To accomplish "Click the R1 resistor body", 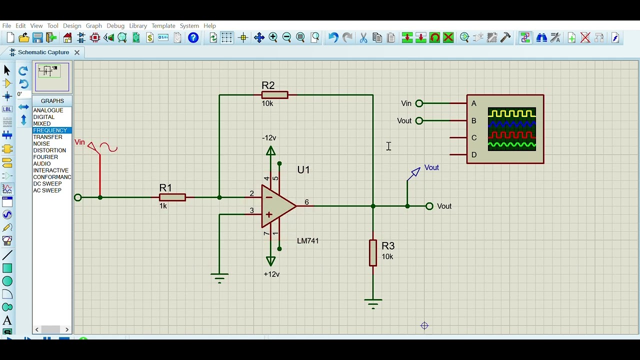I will tap(172, 197).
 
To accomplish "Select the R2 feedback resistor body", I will tap(274, 95).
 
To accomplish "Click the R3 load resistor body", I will tap(373, 252).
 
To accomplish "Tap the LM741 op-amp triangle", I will tap(277, 206).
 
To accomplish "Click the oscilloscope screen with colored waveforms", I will tap(511, 129).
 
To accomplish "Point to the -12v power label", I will tap(269, 138).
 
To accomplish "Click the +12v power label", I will tap(271, 274).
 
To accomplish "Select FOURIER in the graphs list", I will tap(45, 157).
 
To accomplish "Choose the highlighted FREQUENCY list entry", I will tap(50, 130).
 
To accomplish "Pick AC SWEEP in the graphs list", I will tap(47, 190).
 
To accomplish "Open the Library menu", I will tap(138, 26).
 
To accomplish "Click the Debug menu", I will tap(115, 26).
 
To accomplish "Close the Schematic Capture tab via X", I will tap(77, 52).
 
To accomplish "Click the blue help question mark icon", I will tap(193, 38).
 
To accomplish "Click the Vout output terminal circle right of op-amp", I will tap(429, 206).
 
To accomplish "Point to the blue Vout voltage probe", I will tap(415, 173).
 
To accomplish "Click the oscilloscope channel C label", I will tap(474, 138).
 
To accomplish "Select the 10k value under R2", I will tap(267, 103).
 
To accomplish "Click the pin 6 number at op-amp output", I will tap(306, 202).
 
